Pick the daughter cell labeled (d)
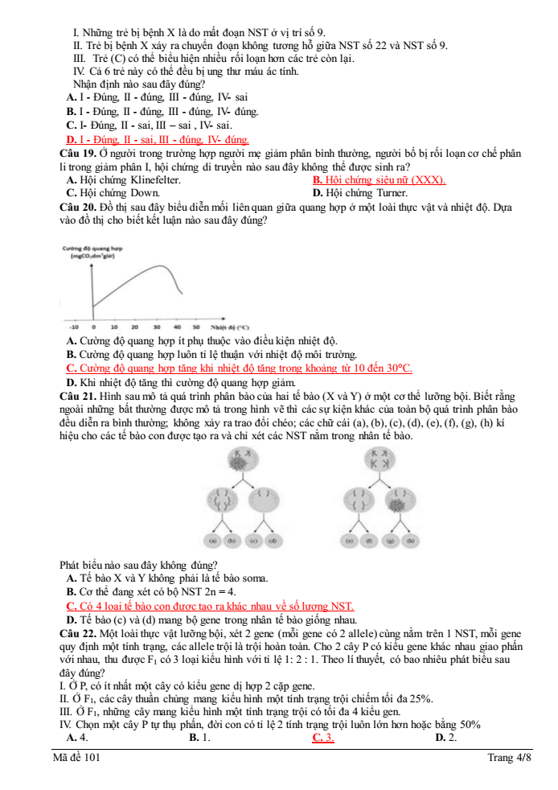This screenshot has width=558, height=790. [273, 540]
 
